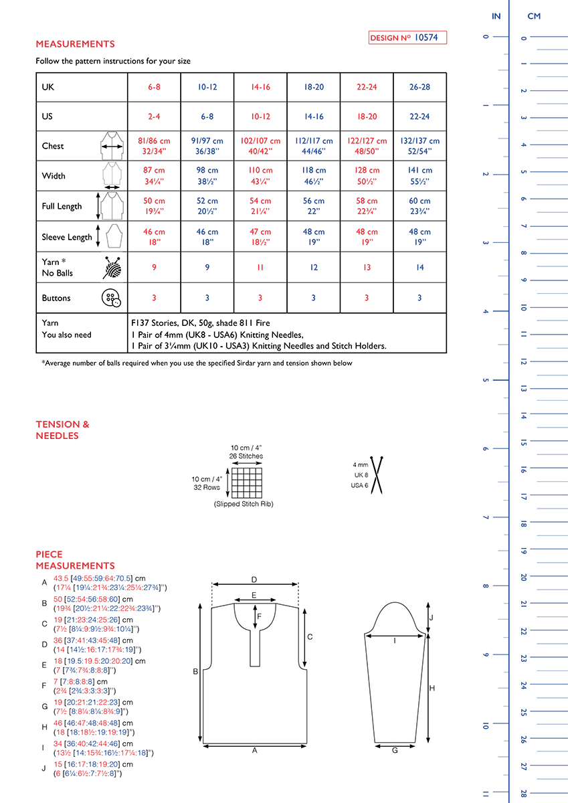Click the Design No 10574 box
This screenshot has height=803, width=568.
(407, 37)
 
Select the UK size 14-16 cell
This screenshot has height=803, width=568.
(260, 87)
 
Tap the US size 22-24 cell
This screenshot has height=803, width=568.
(419, 116)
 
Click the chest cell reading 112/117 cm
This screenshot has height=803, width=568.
(314, 146)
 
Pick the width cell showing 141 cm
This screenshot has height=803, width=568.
(419, 175)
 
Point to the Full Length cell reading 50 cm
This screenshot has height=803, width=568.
(154, 206)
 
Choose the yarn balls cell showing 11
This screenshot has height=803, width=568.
(260, 268)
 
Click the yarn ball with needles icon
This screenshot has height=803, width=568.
(112, 268)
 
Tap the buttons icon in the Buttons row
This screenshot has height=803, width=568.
(111, 298)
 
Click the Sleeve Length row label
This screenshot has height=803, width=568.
(67, 237)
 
